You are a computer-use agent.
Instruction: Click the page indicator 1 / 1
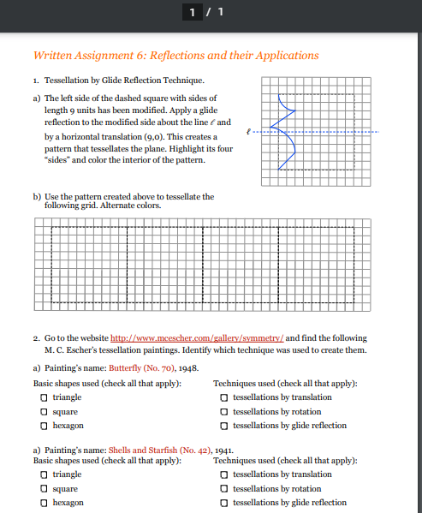coord(211,11)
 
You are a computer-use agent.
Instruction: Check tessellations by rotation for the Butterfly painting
coord(224,412)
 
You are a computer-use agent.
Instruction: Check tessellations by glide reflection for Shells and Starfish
coord(224,503)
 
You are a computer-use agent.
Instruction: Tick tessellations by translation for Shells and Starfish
coord(224,474)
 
